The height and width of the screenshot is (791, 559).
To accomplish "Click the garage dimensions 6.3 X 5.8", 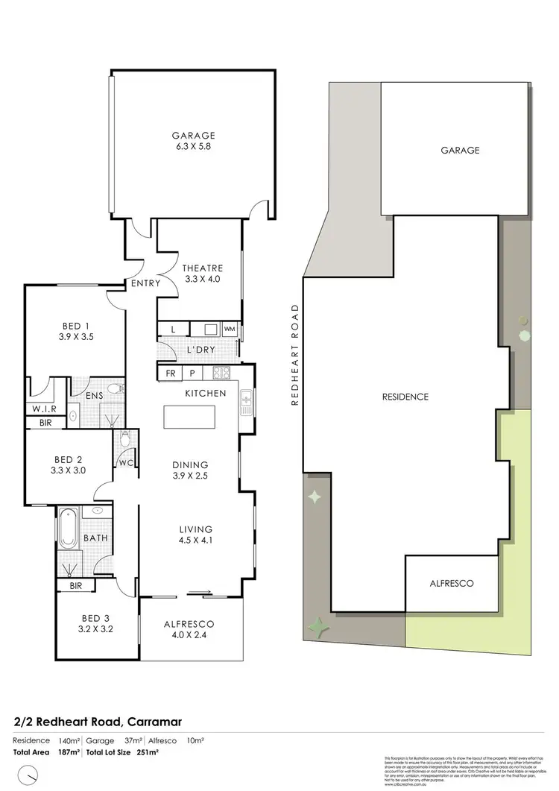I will pos(194,149).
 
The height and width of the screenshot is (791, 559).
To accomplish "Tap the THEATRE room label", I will pos(203,268).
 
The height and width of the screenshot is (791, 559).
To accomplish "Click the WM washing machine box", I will pos(230,329).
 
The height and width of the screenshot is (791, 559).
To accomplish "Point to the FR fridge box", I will pos(171,372).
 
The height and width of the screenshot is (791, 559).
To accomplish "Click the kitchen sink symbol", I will pos(246,403).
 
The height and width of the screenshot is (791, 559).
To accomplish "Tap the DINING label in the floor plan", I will pos(191,464).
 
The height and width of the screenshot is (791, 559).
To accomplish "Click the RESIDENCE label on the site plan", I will pos(405,397).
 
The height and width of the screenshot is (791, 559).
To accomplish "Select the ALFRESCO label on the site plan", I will pos(452,584).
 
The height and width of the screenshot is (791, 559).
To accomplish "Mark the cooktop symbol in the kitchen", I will pos(221,372).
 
